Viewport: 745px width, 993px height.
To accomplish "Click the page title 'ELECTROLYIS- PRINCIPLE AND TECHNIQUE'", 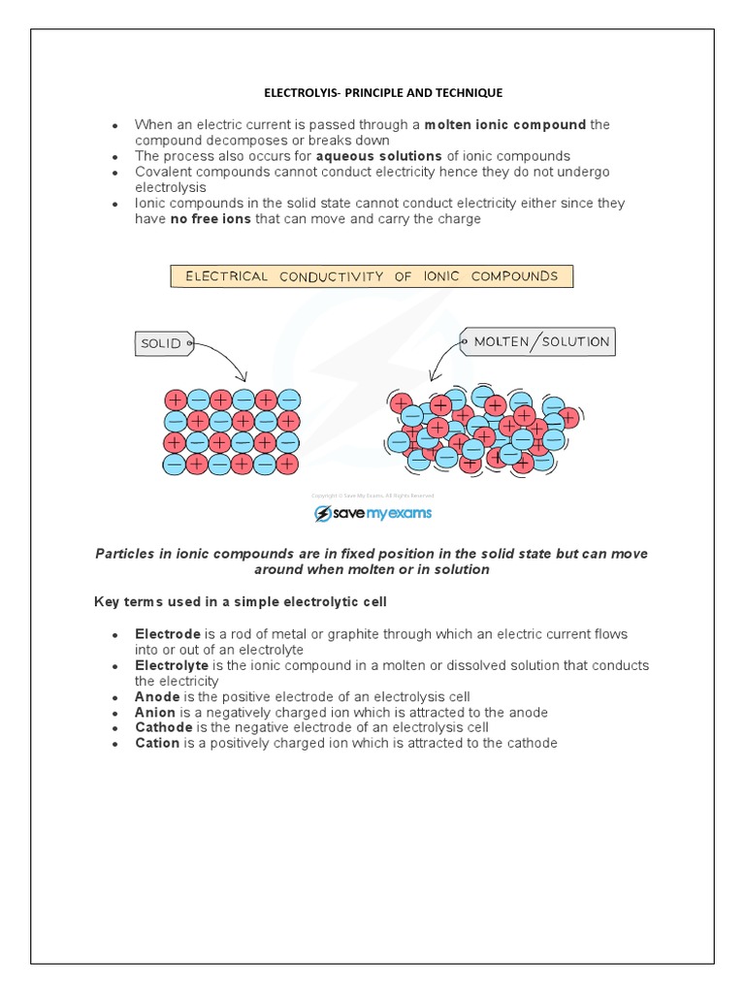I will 383,93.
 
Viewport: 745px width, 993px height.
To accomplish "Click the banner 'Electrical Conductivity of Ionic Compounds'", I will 372,276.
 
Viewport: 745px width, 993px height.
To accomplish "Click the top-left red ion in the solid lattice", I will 176,400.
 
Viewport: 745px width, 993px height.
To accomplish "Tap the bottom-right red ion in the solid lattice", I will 287,464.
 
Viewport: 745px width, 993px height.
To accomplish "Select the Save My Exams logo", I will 372,513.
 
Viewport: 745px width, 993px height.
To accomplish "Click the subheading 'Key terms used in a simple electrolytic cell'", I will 240,602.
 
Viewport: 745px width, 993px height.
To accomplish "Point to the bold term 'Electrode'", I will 168,634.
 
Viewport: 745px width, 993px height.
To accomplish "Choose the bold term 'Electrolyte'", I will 171,665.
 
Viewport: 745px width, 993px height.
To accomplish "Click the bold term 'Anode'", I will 156,696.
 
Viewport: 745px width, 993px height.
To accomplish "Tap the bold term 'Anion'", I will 155,712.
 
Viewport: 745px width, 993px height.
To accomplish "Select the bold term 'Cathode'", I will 163,727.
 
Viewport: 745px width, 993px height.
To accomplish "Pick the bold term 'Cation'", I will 157,743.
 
